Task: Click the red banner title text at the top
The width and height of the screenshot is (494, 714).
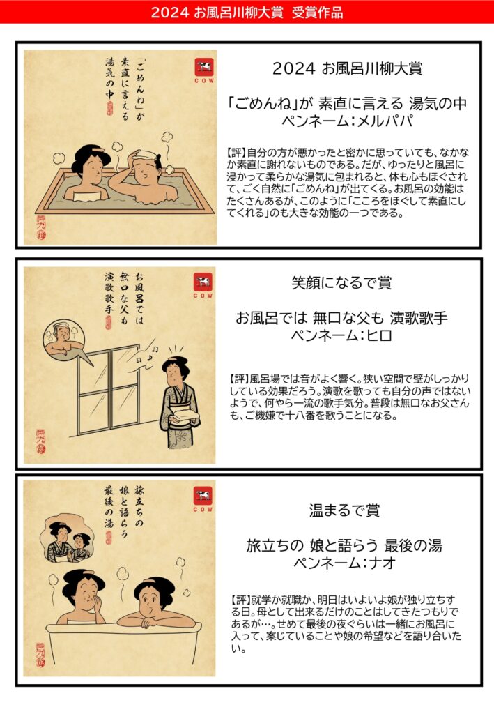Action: pyautogui.click(x=247, y=13)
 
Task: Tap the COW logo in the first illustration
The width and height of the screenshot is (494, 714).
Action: pyautogui.click(x=203, y=70)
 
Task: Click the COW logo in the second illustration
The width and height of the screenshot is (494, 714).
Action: pyautogui.click(x=203, y=286)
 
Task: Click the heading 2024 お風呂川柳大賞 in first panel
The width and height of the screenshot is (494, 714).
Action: pyautogui.click(x=347, y=68)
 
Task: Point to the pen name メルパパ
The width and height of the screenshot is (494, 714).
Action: pyautogui.click(x=386, y=121)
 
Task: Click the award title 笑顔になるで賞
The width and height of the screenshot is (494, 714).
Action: pyautogui.click(x=341, y=283)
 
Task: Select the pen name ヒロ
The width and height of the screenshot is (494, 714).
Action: pyautogui.click(x=379, y=335)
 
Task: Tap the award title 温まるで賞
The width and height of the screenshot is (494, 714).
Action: pyautogui.click(x=344, y=510)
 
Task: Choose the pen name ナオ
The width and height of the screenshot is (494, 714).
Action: pyautogui.click(x=382, y=563)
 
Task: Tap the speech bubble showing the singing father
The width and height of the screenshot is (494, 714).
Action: pyautogui.click(x=65, y=340)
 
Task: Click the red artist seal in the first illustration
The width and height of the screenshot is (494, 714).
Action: pyautogui.click(x=41, y=227)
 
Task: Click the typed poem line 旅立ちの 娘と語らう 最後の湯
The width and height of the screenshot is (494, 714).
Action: pyautogui.click(x=344, y=545)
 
